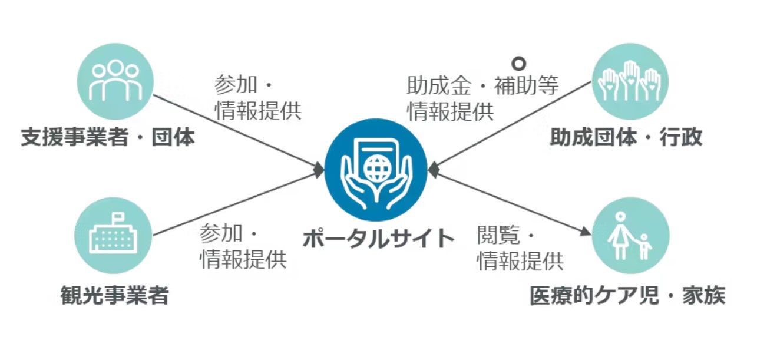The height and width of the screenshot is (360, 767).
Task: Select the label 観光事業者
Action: tap(114, 295)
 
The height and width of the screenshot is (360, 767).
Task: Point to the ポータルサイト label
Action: tap(379, 239)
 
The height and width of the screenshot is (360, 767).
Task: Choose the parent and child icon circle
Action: tap(630, 236)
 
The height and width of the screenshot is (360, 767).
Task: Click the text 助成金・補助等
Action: tap(482, 87)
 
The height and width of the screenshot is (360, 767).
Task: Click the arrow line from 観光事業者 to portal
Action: tap(236, 203)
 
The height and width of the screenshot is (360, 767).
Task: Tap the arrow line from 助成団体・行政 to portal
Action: tap(513, 125)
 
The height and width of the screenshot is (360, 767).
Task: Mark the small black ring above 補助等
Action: tap(518, 63)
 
